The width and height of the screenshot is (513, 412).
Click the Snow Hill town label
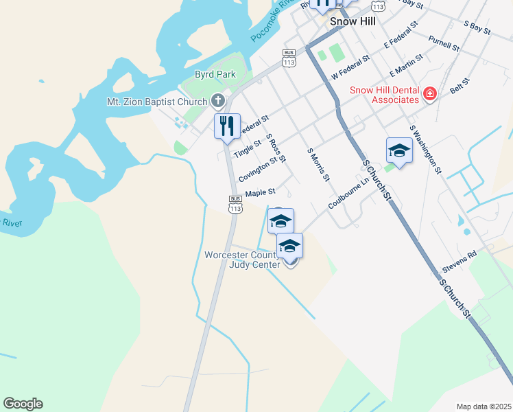point(353,21)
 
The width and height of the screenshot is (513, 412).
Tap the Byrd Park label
point(215,74)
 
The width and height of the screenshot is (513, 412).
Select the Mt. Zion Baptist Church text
point(157,102)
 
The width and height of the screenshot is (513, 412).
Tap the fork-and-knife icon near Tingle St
point(227,126)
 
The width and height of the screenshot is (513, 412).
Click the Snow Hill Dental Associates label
point(385,95)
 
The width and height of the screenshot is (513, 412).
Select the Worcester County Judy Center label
point(242,260)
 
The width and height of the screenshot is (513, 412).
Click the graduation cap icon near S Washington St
point(399,150)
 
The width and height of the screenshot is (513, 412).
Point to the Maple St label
point(260,193)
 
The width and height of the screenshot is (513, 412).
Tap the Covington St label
point(258,169)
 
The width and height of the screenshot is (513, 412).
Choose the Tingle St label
point(248,147)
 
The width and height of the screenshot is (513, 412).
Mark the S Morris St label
point(319,165)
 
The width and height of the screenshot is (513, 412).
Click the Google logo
point(23,404)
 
